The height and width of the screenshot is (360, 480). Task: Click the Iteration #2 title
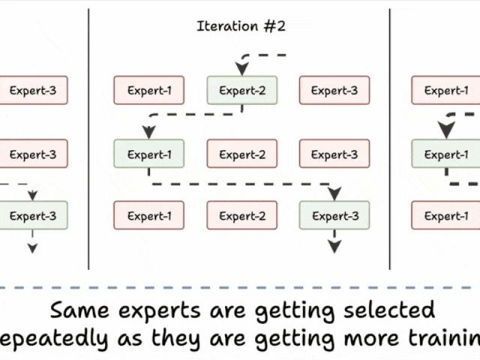coord(241,27)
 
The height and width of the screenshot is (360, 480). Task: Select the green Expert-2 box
coord(241,91)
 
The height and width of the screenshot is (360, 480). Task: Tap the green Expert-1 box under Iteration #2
coord(149,154)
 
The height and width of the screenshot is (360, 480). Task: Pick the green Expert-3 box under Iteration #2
coord(334,216)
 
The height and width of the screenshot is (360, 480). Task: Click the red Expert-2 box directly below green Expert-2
coord(241,154)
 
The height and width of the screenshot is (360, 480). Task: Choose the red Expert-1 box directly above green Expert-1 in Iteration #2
coord(149,91)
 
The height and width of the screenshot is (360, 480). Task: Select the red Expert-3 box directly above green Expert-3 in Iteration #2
coord(334,154)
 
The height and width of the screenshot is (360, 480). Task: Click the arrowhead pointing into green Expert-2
coord(241,70)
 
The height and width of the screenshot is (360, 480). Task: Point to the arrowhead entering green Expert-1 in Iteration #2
coord(149,133)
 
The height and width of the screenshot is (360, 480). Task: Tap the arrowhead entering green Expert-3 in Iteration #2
coord(334,194)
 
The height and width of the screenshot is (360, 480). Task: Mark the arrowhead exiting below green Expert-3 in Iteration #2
coord(334,246)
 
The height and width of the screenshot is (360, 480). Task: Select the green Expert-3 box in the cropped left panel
coord(33,216)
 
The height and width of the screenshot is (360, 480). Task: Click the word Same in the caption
coord(79,309)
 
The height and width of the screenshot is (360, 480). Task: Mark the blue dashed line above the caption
coord(240,287)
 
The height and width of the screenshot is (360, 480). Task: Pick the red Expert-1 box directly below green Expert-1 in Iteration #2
coord(149,216)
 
